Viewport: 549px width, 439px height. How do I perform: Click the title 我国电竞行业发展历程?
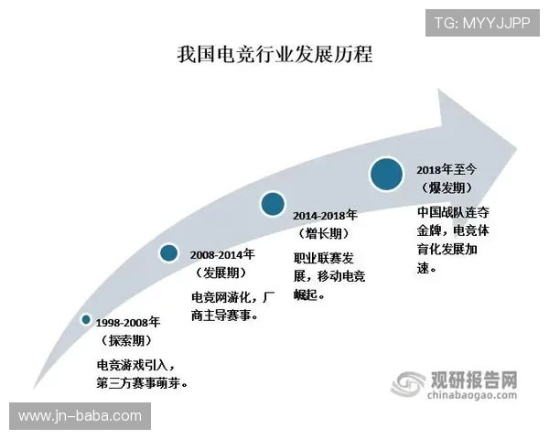point(274,54)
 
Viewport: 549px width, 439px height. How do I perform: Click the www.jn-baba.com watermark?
point(77,416)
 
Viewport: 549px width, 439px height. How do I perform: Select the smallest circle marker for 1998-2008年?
point(86,319)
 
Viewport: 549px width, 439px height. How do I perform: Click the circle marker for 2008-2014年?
point(168,252)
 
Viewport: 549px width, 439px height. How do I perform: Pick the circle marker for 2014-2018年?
point(272,204)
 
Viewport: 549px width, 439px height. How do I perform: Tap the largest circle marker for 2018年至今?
point(387,174)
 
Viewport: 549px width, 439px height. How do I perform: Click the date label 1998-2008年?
point(129,323)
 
